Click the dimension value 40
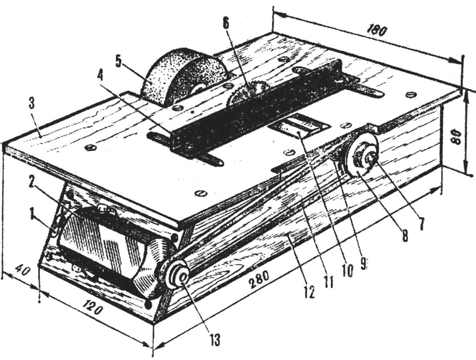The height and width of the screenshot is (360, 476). (23, 273)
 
